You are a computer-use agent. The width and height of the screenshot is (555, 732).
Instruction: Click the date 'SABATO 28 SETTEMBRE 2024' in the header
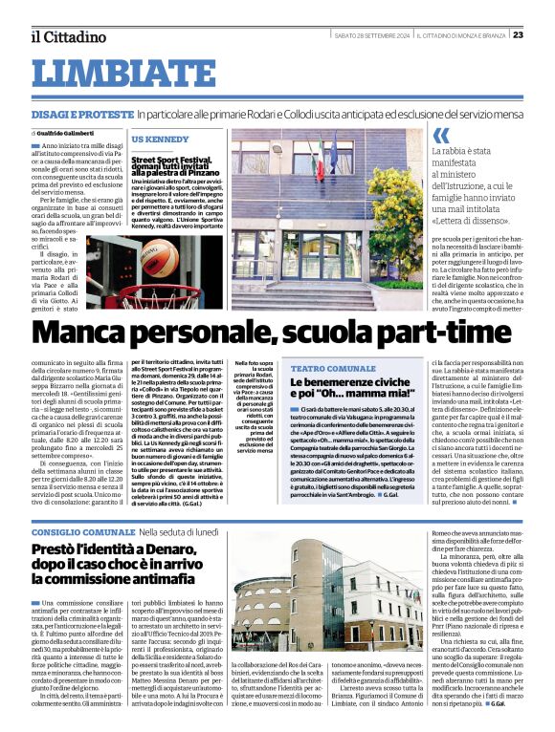click(x=371, y=35)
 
